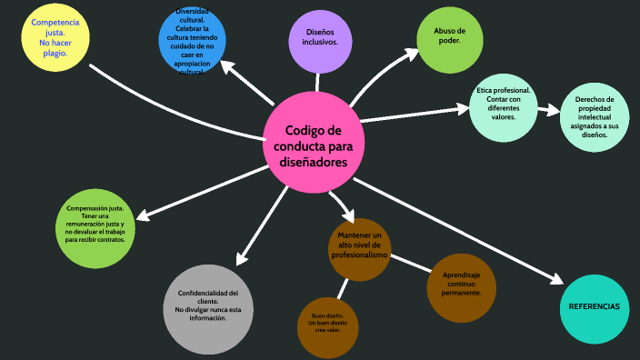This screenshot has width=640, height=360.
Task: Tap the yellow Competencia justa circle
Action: pyautogui.click(x=55, y=36)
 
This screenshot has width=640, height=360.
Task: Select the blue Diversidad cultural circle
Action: pyautogui.click(x=191, y=40)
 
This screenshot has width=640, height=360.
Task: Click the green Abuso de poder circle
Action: pyautogui.click(x=448, y=39)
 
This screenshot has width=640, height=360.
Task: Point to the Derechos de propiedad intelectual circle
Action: pyautogui.click(x=594, y=116)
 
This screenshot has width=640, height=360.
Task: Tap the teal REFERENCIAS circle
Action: pyautogui.click(x=593, y=307)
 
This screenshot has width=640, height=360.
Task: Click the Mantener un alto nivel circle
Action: pyautogui.click(x=360, y=247)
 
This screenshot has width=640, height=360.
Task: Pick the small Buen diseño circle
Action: pyautogui.click(x=325, y=325)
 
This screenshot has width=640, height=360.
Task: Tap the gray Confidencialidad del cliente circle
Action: pyautogui.click(x=208, y=307)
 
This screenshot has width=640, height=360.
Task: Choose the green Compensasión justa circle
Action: pyautogui.click(x=95, y=229)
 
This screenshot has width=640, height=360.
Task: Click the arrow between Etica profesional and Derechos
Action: pyautogui.click(x=548, y=110)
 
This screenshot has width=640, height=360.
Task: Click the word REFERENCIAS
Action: pyautogui.click(x=593, y=307)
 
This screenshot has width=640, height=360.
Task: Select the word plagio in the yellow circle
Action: pyautogui.click(x=55, y=54)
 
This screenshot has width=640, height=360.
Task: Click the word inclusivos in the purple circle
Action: pyautogui.click(x=315, y=43)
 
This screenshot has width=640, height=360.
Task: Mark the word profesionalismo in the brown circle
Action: pyautogui.click(x=360, y=255)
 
